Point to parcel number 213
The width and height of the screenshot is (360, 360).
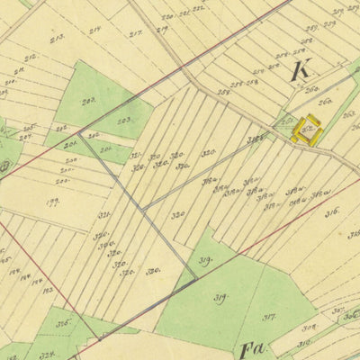58,38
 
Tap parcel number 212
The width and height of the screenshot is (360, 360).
31,58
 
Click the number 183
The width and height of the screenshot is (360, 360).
48,291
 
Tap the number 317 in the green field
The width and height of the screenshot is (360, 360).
268,316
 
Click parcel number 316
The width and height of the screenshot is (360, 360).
331,212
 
